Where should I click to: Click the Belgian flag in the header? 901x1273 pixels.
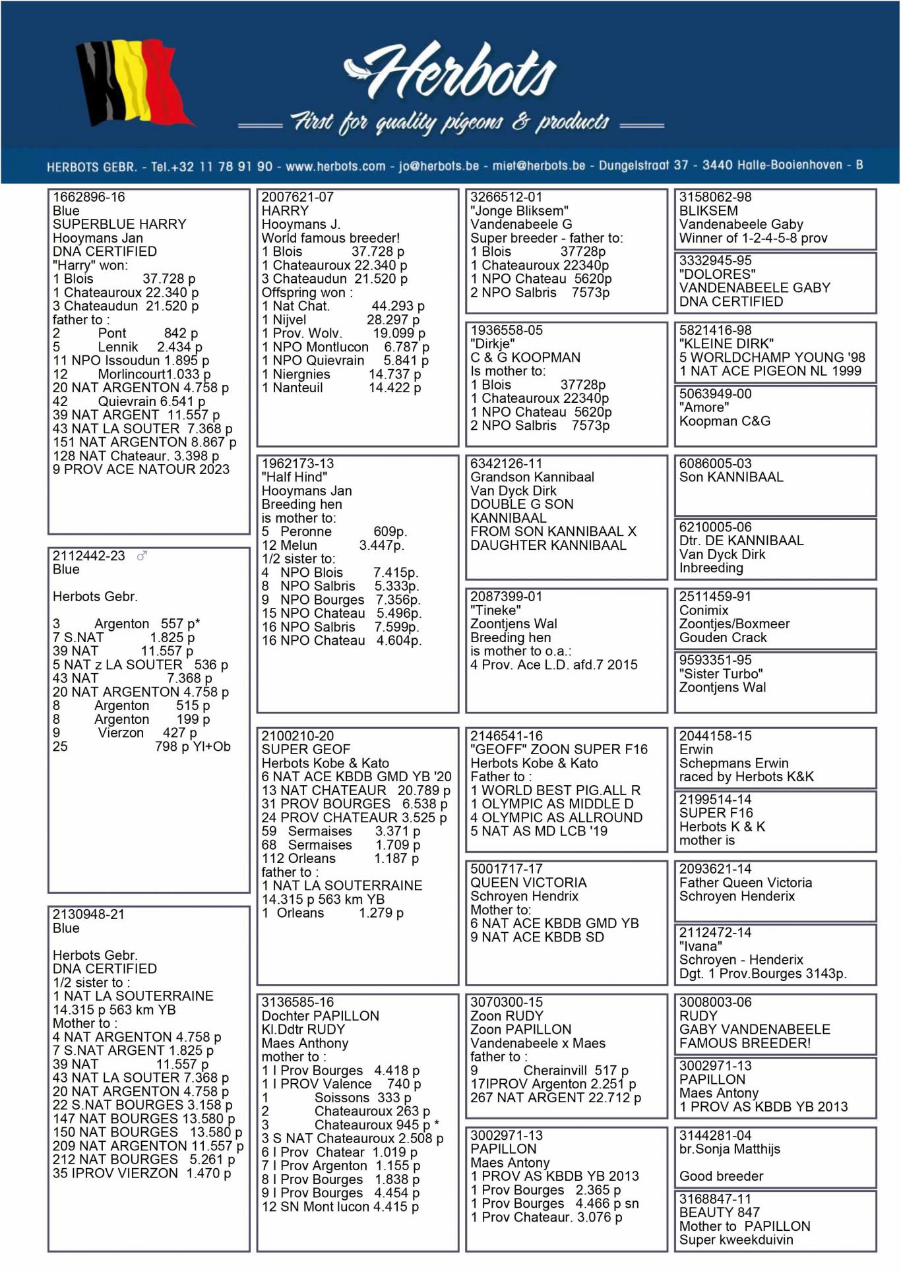point(132,82)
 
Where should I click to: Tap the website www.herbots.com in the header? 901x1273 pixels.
point(336,166)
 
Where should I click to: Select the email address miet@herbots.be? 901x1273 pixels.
point(539,165)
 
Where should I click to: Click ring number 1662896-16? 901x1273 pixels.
point(88,197)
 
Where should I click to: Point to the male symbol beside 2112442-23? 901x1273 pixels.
point(142,556)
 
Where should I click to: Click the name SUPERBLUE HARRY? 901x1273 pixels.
point(119,224)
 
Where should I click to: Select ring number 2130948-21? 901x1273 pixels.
point(88,914)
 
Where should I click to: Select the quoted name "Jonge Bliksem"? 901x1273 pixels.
point(519,211)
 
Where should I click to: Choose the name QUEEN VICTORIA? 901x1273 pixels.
point(528,883)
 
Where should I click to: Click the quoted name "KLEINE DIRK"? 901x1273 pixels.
point(726,343)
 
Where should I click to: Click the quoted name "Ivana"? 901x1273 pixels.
point(700,946)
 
